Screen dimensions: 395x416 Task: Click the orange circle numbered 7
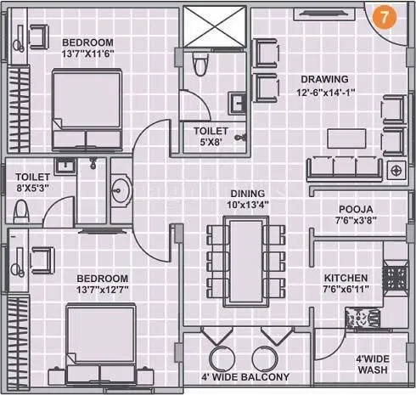coord(385,18)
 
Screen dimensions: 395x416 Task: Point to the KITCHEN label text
coord(346,278)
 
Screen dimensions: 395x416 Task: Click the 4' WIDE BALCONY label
coord(245,376)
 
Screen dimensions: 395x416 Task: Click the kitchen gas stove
coord(395,275)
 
